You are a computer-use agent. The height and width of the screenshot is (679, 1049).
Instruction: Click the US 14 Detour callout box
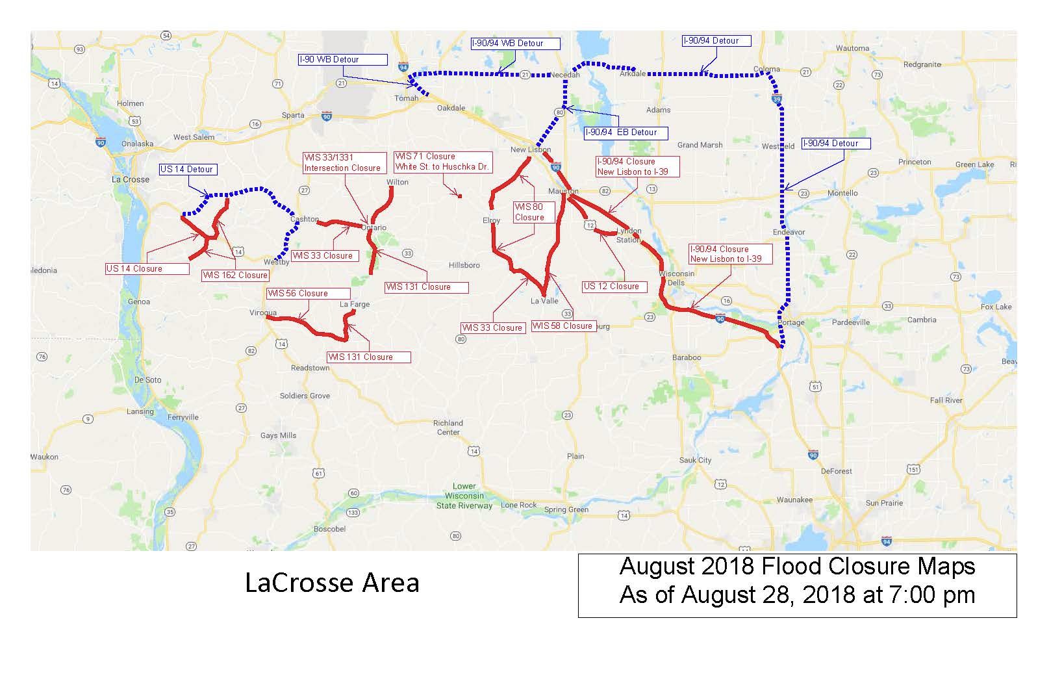click(x=187, y=170)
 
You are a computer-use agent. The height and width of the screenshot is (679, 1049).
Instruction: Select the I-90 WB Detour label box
click(x=342, y=60)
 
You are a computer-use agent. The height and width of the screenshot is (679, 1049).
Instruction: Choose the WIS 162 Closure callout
click(x=235, y=275)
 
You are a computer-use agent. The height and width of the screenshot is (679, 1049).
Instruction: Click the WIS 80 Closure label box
click(x=533, y=212)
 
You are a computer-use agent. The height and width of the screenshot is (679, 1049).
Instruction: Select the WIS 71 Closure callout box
click(x=442, y=162)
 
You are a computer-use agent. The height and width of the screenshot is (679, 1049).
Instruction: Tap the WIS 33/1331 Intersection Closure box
click(x=342, y=162)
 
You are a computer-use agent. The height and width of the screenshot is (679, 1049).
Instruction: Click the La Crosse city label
click(x=131, y=179)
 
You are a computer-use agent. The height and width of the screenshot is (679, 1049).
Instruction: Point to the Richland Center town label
click(x=448, y=428)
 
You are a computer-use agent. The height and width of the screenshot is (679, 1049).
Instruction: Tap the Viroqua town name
click(x=263, y=313)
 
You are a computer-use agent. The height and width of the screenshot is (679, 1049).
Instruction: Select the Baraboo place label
click(x=687, y=357)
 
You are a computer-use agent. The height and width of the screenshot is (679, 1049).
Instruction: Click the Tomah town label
click(x=407, y=99)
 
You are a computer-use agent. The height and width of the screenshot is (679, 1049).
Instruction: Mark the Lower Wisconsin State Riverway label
click(x=464, y=496)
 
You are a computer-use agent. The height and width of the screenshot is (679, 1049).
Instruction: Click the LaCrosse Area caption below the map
click(x=332, y=583)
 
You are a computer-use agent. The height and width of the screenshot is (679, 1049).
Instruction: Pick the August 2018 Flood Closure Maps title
click(x=797, y=567)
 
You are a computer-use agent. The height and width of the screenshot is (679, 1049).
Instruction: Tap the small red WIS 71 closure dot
click(x=459, y=196)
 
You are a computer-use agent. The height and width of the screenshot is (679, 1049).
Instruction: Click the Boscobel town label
click(x=330, y=529)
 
